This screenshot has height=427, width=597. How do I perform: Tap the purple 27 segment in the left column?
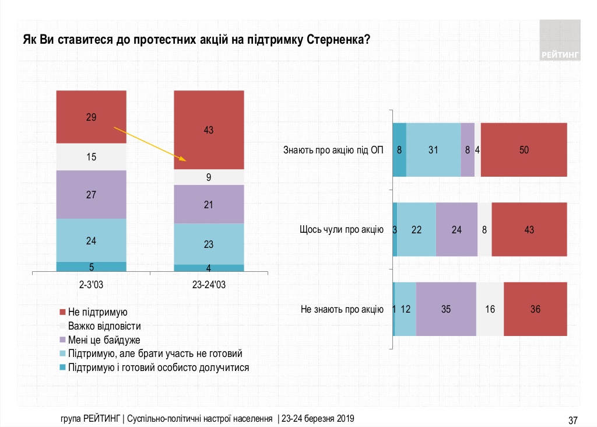(91, 194)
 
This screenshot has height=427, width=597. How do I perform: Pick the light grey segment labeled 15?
(91, 157)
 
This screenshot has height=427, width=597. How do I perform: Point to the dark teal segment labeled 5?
(91, 267)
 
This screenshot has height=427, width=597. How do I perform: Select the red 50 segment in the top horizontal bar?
(524, 150)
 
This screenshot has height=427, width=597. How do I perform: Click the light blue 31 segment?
(433, 150)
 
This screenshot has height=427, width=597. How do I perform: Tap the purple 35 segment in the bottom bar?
(446, 309)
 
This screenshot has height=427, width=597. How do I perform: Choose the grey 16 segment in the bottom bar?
(490, 309)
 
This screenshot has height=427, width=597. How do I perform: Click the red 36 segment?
(535, 309)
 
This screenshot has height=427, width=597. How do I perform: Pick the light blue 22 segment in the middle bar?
(416, 229)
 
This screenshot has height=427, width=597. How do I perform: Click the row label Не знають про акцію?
(342, 309)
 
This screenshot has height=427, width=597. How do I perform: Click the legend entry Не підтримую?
(97, 313)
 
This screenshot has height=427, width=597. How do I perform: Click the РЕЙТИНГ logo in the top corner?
(560, 40)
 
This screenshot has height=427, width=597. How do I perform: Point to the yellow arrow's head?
(184, 159)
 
